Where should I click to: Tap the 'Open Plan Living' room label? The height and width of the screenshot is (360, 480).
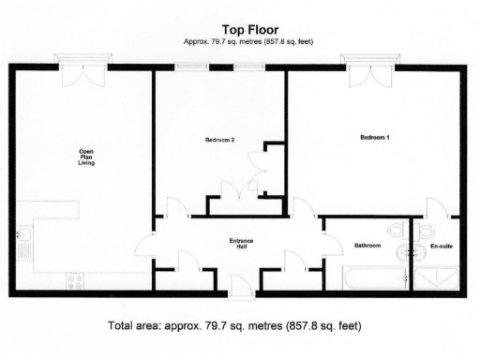[x=86, y=157]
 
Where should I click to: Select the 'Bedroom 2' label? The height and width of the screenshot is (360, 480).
[x=218, y=141]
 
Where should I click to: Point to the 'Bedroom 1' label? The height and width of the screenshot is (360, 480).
[x=375, y=138]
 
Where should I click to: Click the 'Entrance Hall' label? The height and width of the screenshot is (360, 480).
[x=241, y=244]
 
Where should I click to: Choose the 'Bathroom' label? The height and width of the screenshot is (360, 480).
[x=367, y=246]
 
